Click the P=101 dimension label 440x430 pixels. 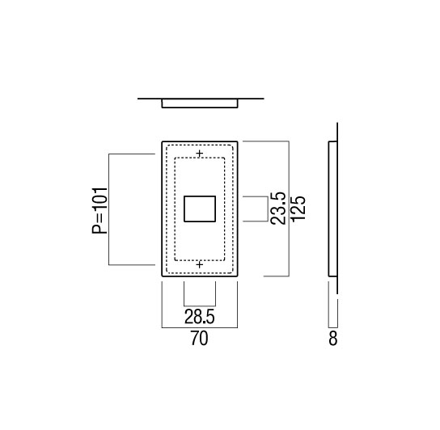pyautogui.click(x=100, y=210)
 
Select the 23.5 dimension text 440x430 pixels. pyautogui.click(x=278, y=208)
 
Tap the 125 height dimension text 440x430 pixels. pyautogui.click(x=298, y=208)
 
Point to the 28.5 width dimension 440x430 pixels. pyautogui.click(x=200, y=317)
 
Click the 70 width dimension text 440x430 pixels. pyautogui.click(x=200, y=339)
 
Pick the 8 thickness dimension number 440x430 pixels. pyautogui.click(x=332, y=339)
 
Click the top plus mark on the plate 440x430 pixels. pyautogui.click(x=200, y=154)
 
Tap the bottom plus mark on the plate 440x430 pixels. pyautogui.click(x=200, y=265)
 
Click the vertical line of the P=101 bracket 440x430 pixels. pyautogui.click(x=109, y=209)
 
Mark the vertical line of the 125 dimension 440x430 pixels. pyautogui.click(x=289, y=209)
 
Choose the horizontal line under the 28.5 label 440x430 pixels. pyautogui.click(x=200, y=306)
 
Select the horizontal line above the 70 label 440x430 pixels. pyautogui.click(x=200, y=327)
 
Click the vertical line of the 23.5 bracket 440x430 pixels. pyautogui.click(x=268, y=209)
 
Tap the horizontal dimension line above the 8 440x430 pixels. pyautogui.click(x=333, y=327)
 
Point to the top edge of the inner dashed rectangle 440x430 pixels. pyautogui.click(x=200, y=158)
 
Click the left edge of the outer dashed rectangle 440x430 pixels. pyautogui.click(x=166, y=209)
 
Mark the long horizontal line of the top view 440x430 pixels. pyautogui.click(x=201, y=99)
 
